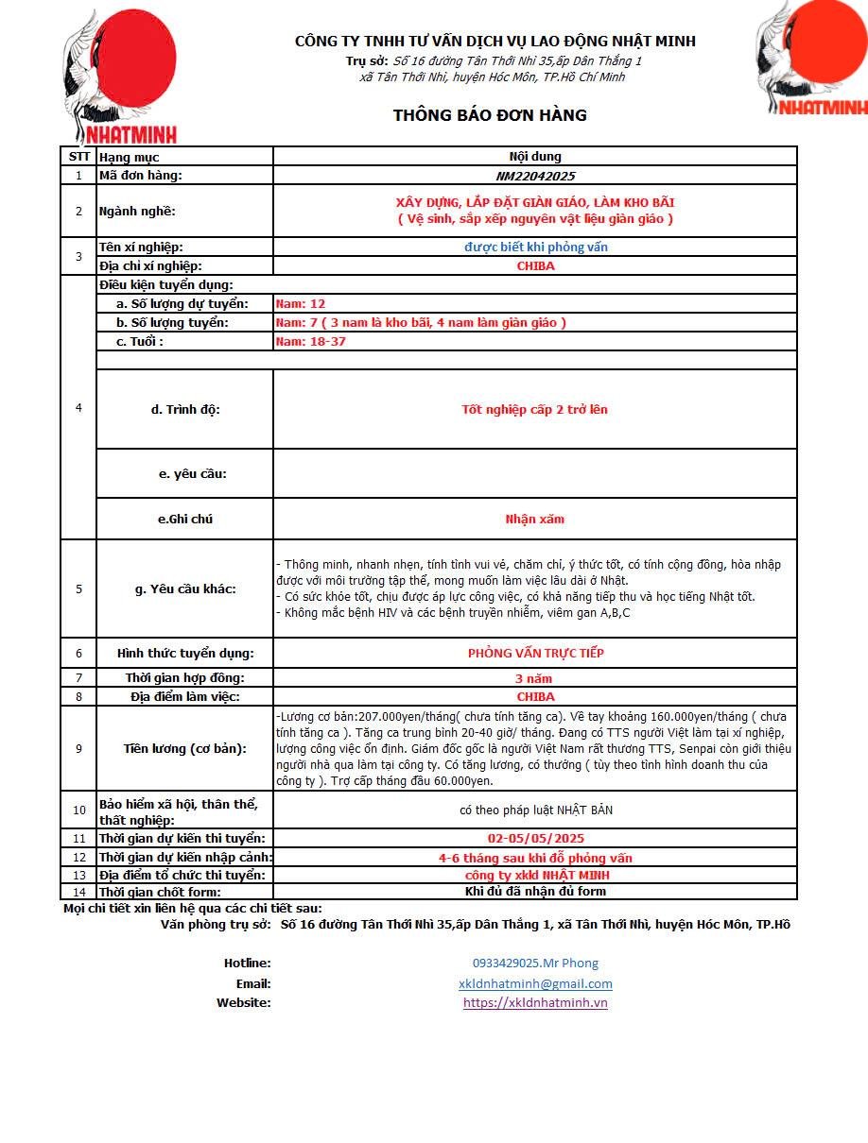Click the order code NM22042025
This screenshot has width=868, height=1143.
point(535,176)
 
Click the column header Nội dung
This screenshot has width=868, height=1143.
point(535,157)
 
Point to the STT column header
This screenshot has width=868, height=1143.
point(79,157)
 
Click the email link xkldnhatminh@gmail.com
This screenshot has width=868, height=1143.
point(535,983)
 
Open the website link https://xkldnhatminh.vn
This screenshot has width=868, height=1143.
point(535,1002)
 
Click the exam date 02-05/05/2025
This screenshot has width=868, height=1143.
point(535,838)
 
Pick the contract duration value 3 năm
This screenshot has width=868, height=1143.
point(534,678)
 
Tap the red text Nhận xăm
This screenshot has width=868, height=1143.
point(535,519)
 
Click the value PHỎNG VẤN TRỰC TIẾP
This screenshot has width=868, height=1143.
point(535,653)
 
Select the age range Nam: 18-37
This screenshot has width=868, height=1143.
point(310,341)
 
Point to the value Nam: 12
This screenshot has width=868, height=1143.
point(300,303)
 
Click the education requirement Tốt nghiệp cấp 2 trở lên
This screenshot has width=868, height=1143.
point(535,409)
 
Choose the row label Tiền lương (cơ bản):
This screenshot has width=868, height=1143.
point(185,748)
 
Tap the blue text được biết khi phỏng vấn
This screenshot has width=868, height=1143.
point(535,247)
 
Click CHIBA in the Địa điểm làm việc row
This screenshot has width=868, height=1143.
point(535,697)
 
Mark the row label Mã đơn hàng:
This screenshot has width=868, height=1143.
point(141,176)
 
